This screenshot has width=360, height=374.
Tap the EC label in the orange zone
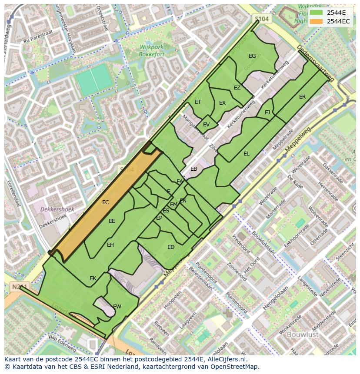(106, 202)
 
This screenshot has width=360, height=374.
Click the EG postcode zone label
(252, 56)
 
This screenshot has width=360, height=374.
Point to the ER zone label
(302, 97)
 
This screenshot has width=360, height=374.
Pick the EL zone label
(247, 154)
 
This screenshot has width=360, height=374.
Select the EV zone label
(206, 125)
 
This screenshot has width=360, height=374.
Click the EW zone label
(117, 307)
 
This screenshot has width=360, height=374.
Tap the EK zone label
(93, 278)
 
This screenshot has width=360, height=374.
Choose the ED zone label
(171, 247)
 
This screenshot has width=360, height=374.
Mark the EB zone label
(194, 169)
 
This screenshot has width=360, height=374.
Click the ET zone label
(198, 103)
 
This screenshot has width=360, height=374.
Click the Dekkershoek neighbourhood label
(57, 209)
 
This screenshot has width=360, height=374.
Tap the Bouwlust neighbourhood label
(303, 334)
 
